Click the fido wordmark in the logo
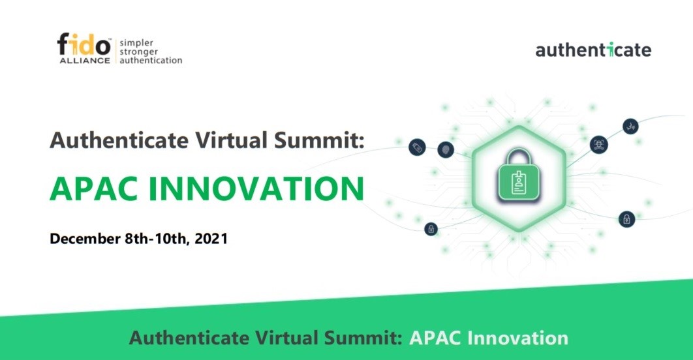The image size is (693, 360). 84,44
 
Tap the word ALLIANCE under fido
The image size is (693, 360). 85,61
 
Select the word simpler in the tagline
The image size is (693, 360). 136,43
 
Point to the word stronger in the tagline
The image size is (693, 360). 139,52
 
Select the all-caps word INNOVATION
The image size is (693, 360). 256,189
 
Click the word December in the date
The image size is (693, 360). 85,239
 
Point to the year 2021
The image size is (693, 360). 211,239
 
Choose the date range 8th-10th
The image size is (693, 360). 157,239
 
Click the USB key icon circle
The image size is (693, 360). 417,147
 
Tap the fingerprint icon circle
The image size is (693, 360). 446,149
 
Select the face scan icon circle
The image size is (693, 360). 599,144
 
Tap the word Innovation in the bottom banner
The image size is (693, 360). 517,338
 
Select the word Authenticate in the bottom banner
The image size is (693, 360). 189,338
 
